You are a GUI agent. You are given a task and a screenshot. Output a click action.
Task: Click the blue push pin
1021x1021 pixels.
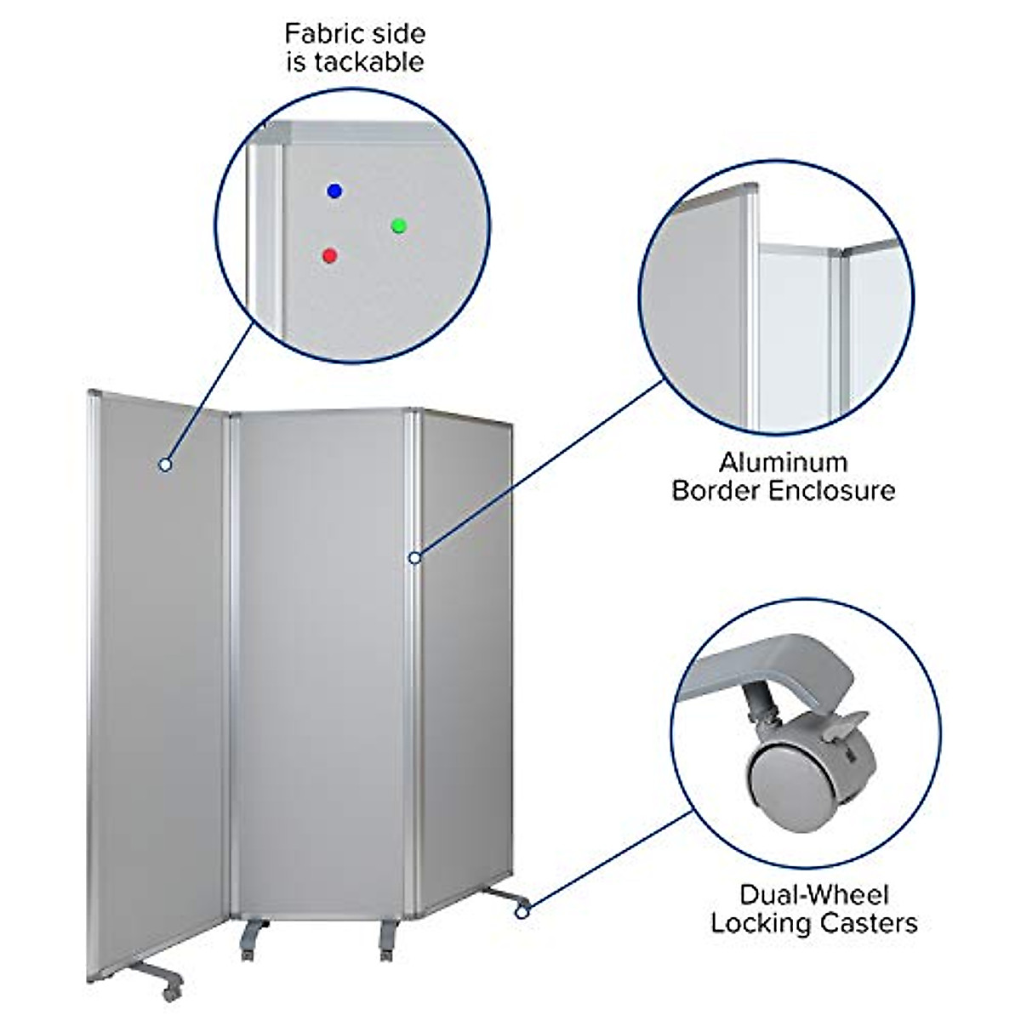[x=334, y=191]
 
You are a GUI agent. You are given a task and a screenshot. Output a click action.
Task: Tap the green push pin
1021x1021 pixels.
[x=399, y=225]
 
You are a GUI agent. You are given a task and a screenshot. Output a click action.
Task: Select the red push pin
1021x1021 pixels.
[x=330, y=254]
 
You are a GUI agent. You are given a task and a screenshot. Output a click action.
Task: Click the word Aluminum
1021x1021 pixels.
[x=783, y=463]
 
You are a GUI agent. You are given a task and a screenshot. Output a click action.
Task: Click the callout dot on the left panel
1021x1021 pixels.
[x=165, y=464]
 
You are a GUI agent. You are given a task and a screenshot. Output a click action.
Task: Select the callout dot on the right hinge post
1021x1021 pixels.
[x=414, y=558]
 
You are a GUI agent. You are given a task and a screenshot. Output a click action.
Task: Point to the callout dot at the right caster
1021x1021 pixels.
[x=522, y=913]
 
